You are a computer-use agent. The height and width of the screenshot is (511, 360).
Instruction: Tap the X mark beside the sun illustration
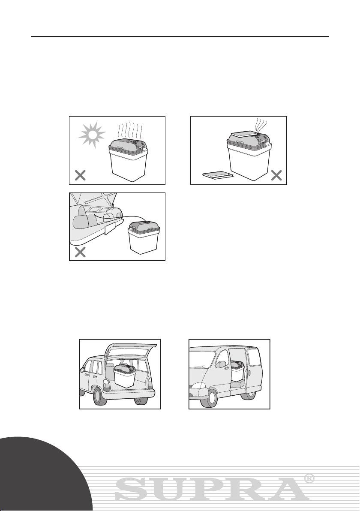pyautogui.click(x=80, y=176)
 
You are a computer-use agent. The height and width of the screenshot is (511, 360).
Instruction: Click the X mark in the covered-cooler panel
pyautogui.click(x=276, y=176)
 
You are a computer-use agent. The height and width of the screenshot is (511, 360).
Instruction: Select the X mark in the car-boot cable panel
pyautogui.click(x=80, y=252)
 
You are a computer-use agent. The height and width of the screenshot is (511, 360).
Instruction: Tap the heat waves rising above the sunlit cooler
pyautogui.click(x=130, y=130)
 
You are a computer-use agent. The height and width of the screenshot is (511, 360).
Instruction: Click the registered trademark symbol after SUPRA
pyautogui.click(x=309, y=478)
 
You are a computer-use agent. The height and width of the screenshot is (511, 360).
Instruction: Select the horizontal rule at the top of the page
pyautogui.click(x=180, y=36)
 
